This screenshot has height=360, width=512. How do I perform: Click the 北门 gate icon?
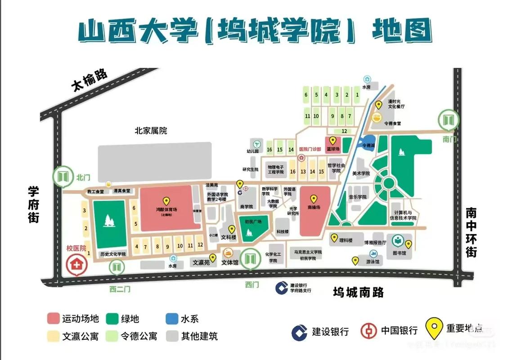(63, 176)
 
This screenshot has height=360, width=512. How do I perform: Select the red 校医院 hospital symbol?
(77, 265)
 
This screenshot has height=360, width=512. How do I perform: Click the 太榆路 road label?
(90, 80)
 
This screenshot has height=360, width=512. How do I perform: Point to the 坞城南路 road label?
(358, 292)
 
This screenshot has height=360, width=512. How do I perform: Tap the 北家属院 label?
(151, 131)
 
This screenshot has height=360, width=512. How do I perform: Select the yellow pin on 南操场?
(314, 198)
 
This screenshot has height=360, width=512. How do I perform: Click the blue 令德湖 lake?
(370, 140)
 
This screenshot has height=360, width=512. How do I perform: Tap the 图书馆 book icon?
(398, 241)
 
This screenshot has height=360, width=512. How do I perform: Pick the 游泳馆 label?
(372, 261)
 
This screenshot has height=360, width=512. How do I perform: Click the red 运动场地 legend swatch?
(54, 319)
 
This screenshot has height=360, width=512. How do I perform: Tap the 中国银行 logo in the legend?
(368, 331)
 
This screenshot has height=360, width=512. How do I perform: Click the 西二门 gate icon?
(117, 268)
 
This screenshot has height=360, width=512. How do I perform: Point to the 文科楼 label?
(228, 236)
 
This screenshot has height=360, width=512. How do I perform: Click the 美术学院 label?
(361, 173)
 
